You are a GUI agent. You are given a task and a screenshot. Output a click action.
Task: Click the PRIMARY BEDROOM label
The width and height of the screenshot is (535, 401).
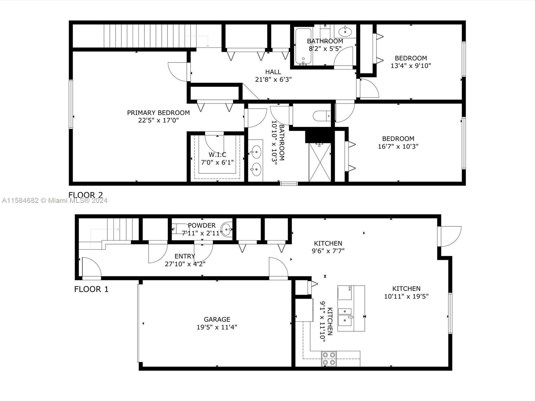coord(158,113)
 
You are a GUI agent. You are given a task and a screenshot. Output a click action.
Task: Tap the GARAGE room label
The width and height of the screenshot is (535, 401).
coord(217,319)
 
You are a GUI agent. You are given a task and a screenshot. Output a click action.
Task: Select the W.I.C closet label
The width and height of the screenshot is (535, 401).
coord(217,155)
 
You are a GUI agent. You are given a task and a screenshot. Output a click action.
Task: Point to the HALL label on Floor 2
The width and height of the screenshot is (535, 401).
coord(273,72)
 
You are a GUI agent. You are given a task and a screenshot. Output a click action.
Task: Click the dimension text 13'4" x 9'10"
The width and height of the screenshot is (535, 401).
coord(411,66)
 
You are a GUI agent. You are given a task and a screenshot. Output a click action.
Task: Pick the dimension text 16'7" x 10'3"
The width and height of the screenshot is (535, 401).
coord(398,146)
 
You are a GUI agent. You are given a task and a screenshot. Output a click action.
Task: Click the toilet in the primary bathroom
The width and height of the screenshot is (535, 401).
coord(322,116)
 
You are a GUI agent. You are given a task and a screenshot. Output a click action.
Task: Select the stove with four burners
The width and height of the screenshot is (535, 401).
coord(329,359)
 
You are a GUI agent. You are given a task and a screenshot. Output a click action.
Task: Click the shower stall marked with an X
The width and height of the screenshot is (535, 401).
coord(320,162)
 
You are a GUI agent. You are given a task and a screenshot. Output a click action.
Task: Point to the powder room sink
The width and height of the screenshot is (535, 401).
coord(226,229)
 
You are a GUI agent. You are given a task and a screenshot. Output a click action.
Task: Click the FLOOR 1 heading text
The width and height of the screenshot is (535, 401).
coord(91,289)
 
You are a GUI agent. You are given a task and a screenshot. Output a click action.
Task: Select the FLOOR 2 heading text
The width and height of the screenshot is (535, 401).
coord(86,195)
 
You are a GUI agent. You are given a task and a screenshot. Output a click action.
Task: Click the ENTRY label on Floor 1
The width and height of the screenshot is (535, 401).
coord(185,256)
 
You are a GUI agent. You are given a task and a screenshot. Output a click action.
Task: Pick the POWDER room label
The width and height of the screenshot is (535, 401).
coord(202,226)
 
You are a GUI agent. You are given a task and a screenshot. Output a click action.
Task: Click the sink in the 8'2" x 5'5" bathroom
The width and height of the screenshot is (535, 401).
coord(345,31)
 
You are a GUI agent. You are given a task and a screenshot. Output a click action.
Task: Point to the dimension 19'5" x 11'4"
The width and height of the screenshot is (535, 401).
coord(217,327)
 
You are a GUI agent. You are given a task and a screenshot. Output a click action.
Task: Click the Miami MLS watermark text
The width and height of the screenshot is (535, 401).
coord(55,200)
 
